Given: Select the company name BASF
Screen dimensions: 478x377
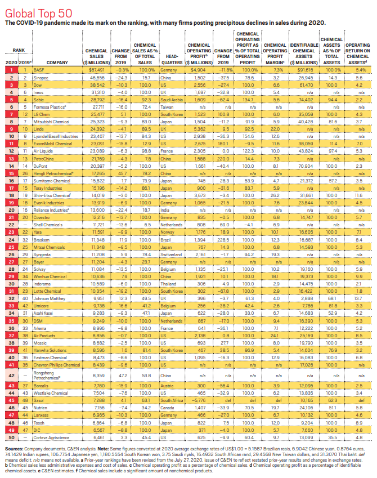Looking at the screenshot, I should coord(39,69).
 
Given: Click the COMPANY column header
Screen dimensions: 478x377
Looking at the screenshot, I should coord(50,63).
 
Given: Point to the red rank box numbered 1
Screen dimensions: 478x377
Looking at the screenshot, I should coord(11,69).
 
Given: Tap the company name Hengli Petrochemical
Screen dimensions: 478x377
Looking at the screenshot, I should coord(55,174).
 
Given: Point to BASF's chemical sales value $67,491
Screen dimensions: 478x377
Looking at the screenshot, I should coord(96,69).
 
